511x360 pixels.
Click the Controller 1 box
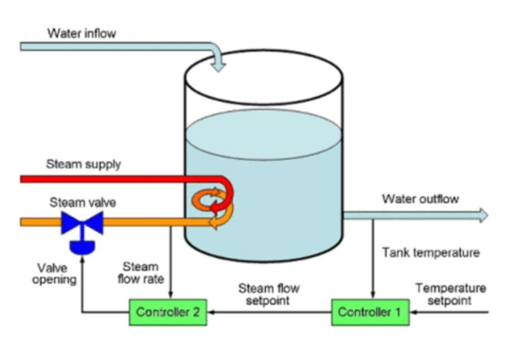[370, 312]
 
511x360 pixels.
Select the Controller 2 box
[168, 312]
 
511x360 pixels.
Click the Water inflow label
[82, 34]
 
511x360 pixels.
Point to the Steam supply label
[83, 164]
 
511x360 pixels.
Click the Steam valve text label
[83, 203]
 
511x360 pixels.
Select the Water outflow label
[420, 199]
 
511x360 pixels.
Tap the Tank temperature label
[431, 252]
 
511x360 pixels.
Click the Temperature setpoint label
[450, 294]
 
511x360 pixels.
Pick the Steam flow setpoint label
[268, 294]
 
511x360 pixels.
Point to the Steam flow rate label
[141, 273]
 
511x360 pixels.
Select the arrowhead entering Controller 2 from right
[211, 312]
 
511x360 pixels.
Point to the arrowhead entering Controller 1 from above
[373, 296]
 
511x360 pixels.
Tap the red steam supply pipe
[118, 179]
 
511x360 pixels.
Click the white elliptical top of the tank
[263, 77]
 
